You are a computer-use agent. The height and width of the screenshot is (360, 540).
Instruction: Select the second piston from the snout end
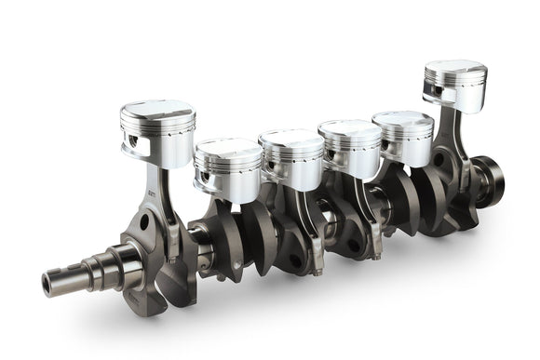pos(228,167)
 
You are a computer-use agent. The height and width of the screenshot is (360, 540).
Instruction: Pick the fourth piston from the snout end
pos(349,147)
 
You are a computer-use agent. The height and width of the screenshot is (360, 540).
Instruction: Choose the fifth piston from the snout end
pos(403,138)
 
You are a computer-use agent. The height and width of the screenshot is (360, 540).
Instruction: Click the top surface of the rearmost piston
pos(455,68)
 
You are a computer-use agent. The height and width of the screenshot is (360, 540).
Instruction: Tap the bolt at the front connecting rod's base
pos(171,261)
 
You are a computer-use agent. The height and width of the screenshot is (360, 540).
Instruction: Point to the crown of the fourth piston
pos(349,128)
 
